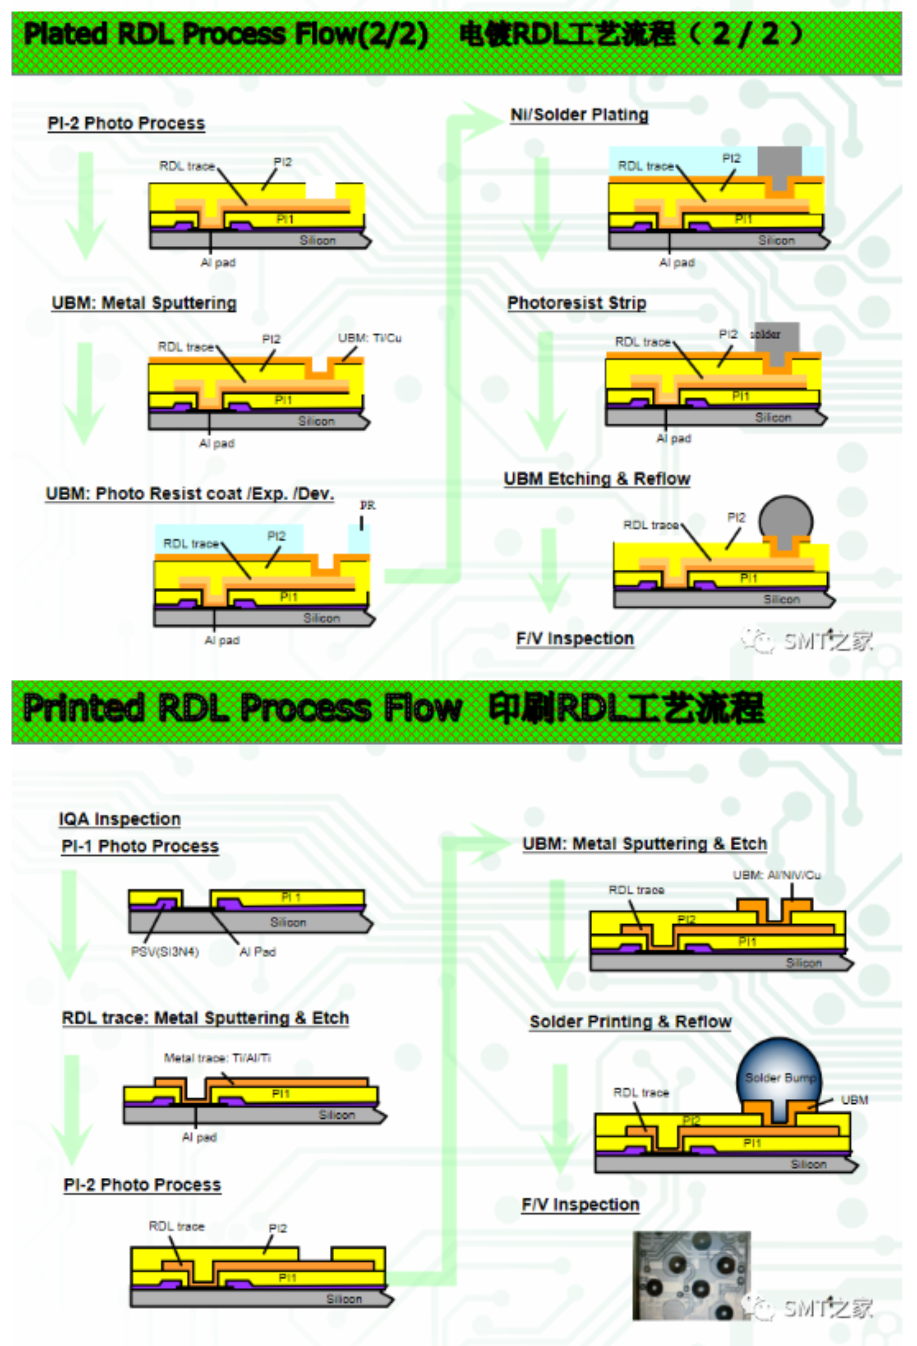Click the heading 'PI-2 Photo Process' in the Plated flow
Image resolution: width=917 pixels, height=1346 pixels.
click(x=126, y=123)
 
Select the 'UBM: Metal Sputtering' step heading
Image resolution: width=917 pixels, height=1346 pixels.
click(x=144, y=303)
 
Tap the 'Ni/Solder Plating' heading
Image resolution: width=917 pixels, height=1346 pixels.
click(x=579, y=115)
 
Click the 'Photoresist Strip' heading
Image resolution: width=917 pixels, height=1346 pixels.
click(x=576, y=303)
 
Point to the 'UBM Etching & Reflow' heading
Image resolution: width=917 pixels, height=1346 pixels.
click(x=597, y=479)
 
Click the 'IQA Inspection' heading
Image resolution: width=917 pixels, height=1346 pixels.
click(x=119, y=819)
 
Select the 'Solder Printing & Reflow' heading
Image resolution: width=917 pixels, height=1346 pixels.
click(x=630, y=1022)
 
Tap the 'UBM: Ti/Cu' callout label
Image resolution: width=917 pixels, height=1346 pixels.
click(x=370, y=338)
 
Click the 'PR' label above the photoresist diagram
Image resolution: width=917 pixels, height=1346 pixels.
click(x=367, y=506)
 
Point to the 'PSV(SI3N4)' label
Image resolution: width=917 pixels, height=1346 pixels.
click(x=165, y=952)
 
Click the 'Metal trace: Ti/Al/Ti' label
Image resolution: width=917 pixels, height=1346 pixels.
click(x=217, y=1058)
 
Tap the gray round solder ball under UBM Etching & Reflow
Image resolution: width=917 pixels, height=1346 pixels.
click(x=786, y=516)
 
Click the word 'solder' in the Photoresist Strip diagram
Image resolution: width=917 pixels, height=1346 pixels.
click(x=765, y=334)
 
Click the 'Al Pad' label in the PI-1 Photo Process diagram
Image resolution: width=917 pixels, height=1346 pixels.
click(x=258, y=952)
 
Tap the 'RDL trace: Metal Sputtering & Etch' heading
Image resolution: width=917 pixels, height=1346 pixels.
click(x=205, y=1018)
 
